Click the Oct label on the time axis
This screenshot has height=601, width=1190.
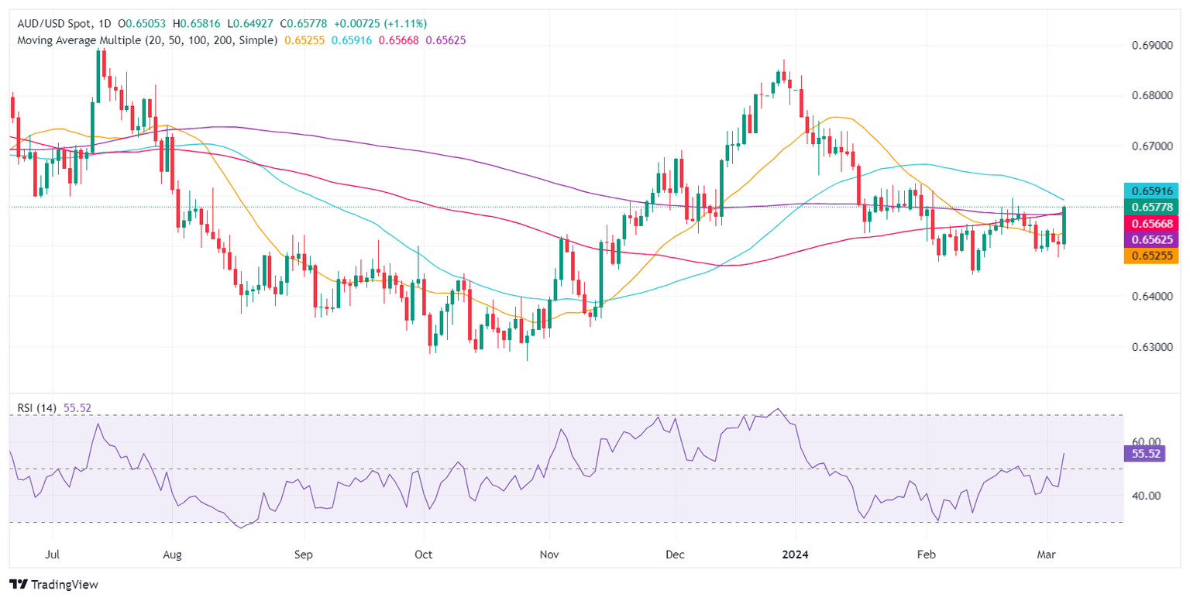[x=424, y=555]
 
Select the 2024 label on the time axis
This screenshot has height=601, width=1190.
[x=796, y=555]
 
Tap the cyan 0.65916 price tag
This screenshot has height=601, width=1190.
[x=1151, y=191]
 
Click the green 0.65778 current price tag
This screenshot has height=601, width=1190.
[x=1151, y=206]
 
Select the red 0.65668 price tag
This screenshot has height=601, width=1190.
[x=1151, y=223]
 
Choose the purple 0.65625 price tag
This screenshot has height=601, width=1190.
[x=1151, y=239]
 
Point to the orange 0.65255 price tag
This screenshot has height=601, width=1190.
[x=1151, y=256]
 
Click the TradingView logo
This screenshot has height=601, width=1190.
[x=53, y=584]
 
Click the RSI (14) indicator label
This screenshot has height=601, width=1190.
[x=38, y=407]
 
